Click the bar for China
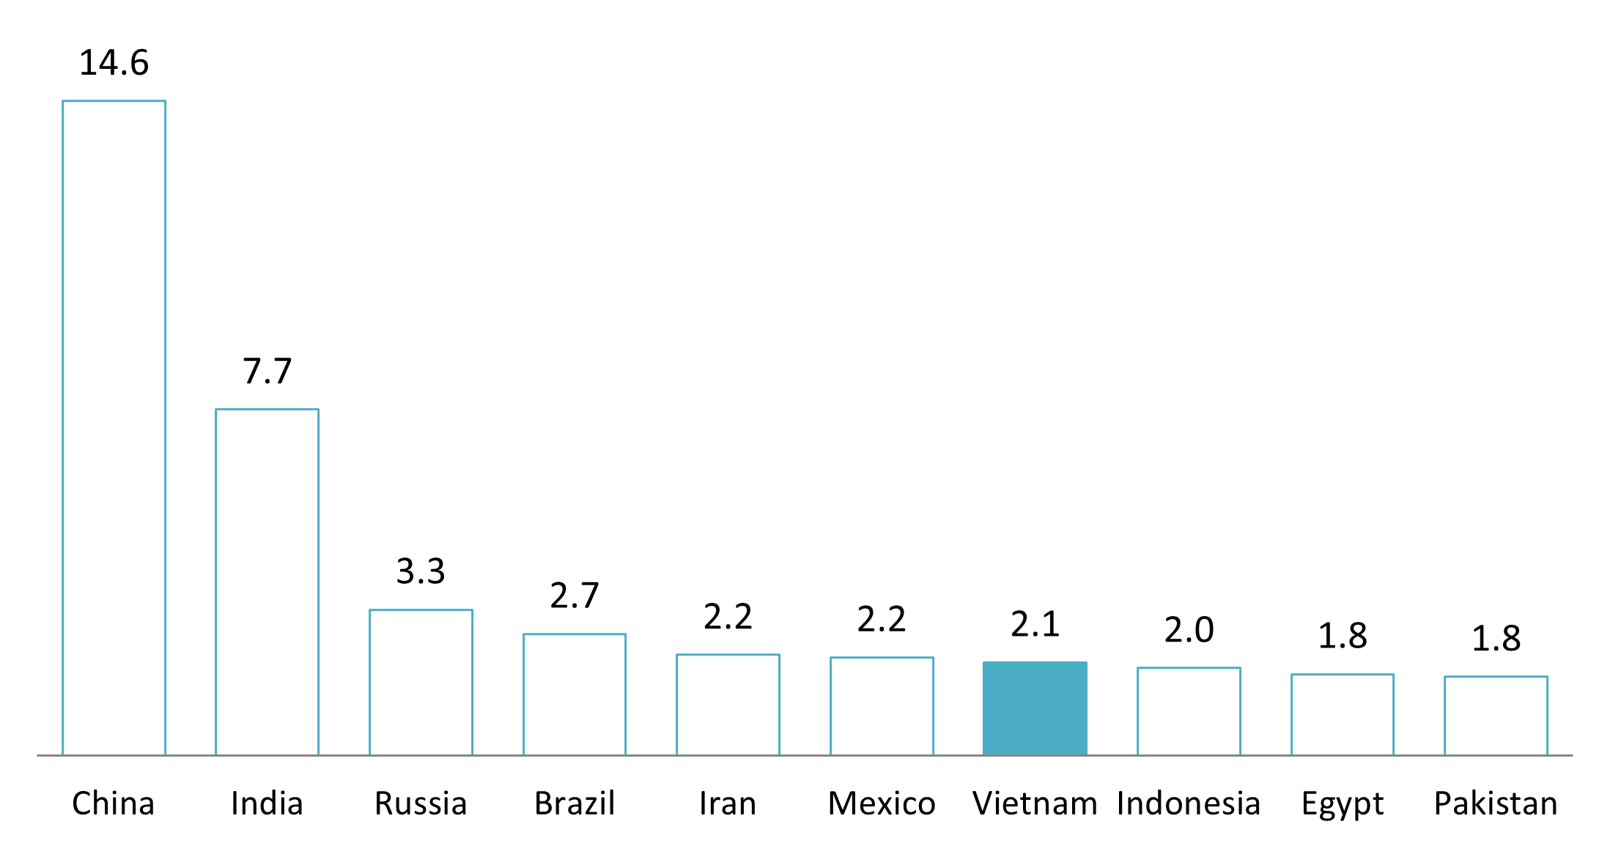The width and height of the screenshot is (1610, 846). [114, 428]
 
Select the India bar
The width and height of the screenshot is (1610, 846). [267, 582]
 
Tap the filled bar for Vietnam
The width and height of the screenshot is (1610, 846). [1035, 708]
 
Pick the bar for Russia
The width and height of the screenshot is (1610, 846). [421, 682]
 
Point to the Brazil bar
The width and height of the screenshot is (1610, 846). [575, 694]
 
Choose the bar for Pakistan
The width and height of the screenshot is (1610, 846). [1496, 715]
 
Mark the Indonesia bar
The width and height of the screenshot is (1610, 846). [1189, 710]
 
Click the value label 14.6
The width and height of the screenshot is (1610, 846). [114, 63]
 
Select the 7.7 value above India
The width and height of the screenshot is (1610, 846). [267, 371]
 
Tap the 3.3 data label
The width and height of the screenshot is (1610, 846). [421, 571]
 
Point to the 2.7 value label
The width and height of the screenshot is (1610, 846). [575, 595]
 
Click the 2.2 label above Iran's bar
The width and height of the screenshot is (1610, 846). [728, 617]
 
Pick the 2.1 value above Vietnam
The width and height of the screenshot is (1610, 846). [1035, 624]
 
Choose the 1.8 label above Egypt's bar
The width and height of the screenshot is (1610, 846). [1342, 636]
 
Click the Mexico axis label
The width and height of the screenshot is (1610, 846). [882, 804]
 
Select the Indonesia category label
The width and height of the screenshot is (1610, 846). [1189, 804]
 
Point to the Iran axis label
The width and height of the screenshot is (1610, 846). [728, 804]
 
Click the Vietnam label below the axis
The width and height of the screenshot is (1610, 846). [1035, 804]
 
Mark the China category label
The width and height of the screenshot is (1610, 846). [114, 804]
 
